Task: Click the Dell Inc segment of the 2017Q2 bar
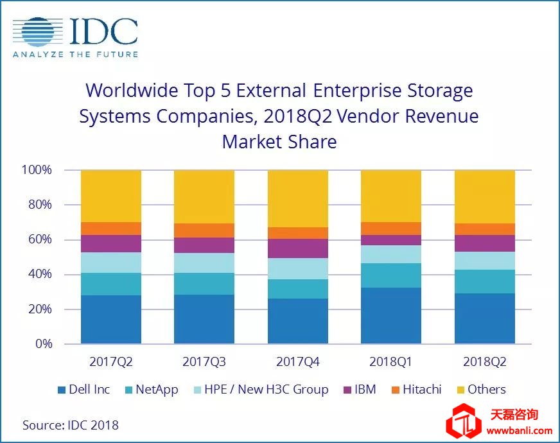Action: pos(111,319)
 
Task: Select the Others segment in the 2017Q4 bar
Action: pos(298,198)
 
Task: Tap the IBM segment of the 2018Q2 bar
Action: pos(485,243)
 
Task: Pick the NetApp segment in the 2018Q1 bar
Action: pos(391,275)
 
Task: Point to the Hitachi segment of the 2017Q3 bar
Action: pos(204,230)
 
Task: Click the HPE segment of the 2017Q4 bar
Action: pos(298,268)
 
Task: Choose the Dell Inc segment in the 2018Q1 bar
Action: pos(391,315)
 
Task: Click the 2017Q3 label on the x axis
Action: pos(204,362)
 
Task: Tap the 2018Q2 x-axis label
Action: pos(485,362)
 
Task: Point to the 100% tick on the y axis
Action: pos(37,170)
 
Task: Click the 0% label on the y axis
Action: pos(42,344)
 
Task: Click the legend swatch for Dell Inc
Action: pos(61,390)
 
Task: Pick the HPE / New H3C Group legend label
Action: pos(267,390)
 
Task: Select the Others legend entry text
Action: pos(486,390)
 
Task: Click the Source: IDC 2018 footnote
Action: pos(71,424)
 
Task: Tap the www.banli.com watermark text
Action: pos(520,430)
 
